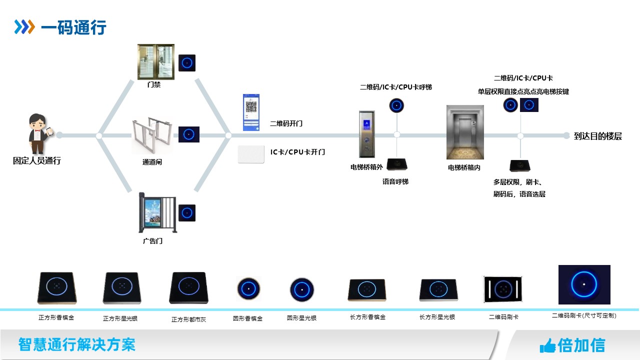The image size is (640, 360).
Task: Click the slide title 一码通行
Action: [x=73, y=27]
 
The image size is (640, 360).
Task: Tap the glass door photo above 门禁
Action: [x=156, y=62]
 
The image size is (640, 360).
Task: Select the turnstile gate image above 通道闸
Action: [x=152, y=136]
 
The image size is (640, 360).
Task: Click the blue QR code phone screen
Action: [x=251, y=112]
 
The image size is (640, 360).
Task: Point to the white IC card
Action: [x=250, y=154]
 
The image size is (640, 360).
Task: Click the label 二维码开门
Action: [x=286, y=123]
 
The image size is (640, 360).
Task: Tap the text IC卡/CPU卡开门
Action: [x=297, y=152]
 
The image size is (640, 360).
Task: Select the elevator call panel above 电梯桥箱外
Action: [x=366, y=134]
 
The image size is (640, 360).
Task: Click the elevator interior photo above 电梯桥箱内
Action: [x=465, y=132]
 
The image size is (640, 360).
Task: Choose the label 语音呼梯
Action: [x=395, y=181]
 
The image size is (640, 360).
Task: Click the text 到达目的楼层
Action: [x=598, y=136]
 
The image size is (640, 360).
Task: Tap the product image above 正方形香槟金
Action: [x=56, y=288]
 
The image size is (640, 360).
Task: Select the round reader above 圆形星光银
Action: [x=302, y=289]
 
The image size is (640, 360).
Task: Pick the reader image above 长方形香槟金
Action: [x=366, y=290]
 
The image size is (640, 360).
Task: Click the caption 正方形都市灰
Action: [x=188, y=319]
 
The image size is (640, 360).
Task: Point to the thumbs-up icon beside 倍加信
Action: [x=547, y=345]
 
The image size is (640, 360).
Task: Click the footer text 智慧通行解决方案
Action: [x=76, y=344]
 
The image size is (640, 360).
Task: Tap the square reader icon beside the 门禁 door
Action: [x=187, y=63]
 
